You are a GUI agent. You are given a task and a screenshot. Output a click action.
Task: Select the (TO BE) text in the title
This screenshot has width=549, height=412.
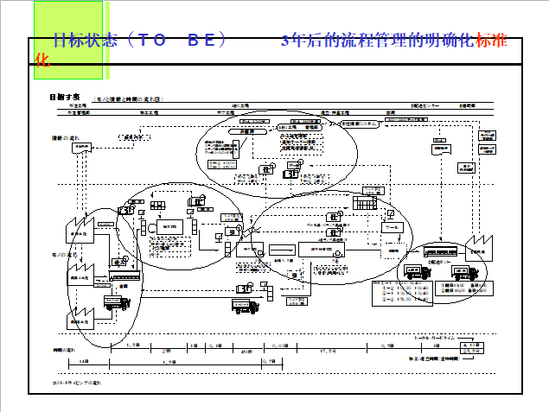click(176, 41)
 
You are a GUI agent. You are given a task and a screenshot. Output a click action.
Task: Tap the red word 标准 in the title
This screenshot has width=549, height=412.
click(492, 41)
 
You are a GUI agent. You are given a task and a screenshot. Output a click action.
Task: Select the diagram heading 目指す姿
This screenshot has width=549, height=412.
click(65, 97)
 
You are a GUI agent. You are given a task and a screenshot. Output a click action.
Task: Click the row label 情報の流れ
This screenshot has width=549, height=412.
click(64, 137)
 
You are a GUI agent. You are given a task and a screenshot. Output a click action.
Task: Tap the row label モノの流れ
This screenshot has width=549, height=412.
click(62, 255)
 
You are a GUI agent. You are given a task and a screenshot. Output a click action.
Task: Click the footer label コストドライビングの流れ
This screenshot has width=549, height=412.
click(77, 381)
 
